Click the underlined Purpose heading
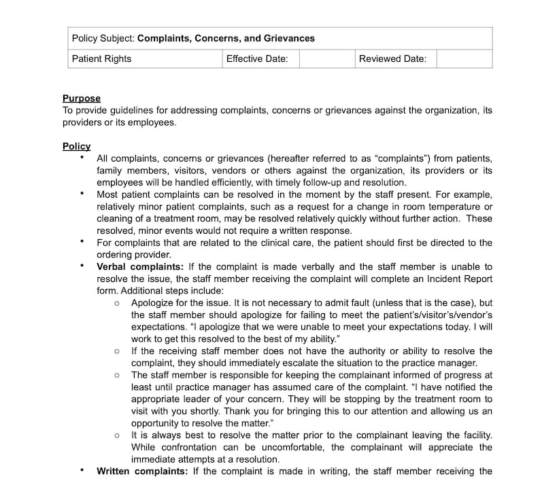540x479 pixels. coord(82,99)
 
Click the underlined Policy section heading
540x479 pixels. coord(76,146)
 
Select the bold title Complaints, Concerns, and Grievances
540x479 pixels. coord(226,38)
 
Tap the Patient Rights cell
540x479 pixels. coord(102,58)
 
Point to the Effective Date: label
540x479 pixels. coord(257,58)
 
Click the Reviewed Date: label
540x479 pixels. coord(393,58)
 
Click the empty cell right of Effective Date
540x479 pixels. coord(327,58)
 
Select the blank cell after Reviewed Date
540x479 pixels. coord(464,58)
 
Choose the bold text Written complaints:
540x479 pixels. coord(142,471)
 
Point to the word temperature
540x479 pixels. coord(451,207)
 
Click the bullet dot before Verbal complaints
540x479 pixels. coord(82,266)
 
